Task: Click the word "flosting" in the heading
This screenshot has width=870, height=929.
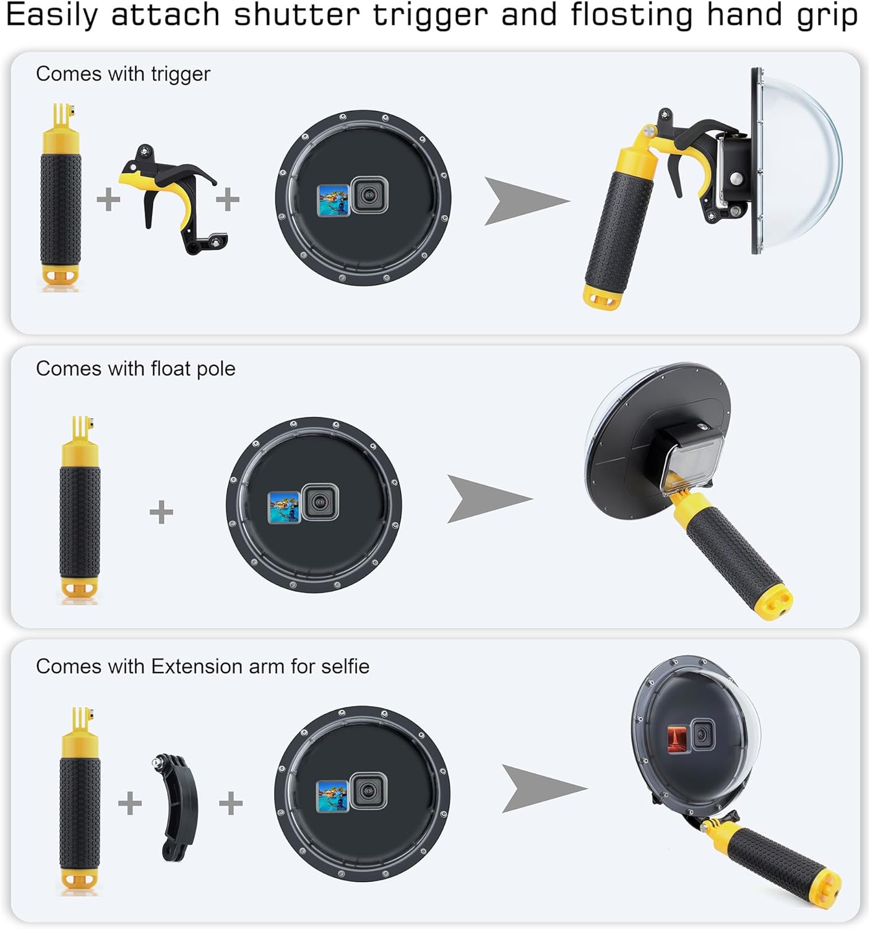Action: tap(631, 15)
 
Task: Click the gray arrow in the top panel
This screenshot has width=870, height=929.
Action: tap(523, 201)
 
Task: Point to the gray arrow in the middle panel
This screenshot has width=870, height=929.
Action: tap(486, 499)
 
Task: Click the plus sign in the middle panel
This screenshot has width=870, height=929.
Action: tap(162, 512)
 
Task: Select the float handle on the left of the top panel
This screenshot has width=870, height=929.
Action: tap(61, 197)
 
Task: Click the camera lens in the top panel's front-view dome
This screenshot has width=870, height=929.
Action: tap(369, 195)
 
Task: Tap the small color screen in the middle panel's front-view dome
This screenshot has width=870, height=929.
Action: tap(284, 507)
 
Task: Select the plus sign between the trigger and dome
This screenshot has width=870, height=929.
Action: tap(228, 199)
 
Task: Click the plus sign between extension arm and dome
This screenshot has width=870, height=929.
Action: tap(231, 803)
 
